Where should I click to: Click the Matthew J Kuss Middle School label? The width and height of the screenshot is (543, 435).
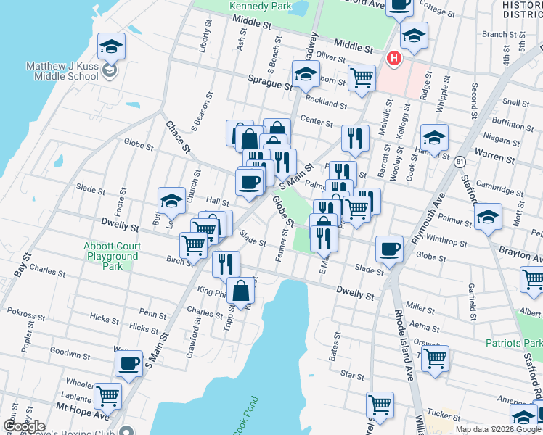(x=62, y=70)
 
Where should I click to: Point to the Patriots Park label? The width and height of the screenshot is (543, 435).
(x=514, y=341)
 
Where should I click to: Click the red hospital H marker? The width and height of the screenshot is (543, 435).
(x=393, y=57)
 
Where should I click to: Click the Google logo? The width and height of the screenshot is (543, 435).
(x=24, y=426)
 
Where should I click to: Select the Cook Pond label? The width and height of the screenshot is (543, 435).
(x=245, y=418)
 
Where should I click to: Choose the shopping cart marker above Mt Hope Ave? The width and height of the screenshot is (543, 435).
(x=107, y=396)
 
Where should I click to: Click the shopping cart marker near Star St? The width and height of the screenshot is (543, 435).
(x=435, y=357)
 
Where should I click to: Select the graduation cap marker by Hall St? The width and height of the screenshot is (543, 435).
(x=172, y=201)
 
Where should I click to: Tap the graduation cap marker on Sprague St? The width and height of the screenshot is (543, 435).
(x=306, y=73)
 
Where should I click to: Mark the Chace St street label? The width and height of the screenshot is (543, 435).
(x=176, y=137)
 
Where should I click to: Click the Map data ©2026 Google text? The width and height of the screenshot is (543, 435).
(x=497, y=429)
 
